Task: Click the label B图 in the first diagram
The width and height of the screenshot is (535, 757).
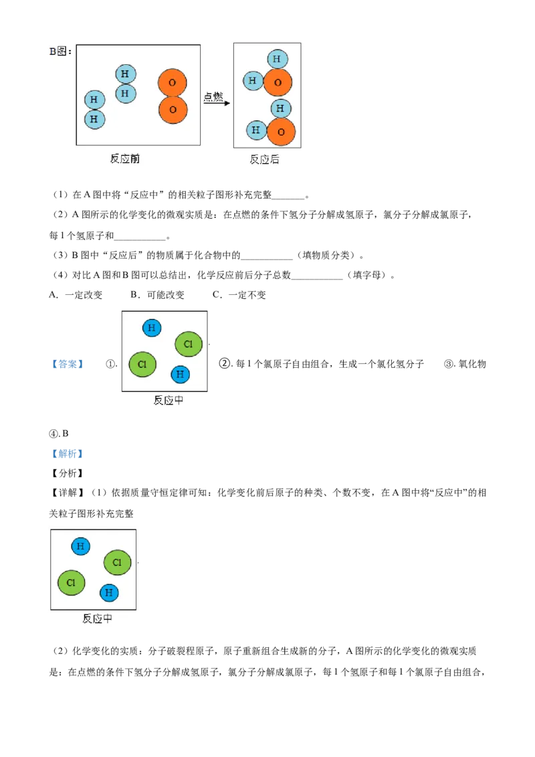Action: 60,51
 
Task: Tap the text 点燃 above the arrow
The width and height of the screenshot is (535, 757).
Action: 213,96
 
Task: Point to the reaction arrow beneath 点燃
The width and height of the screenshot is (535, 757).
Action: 217,104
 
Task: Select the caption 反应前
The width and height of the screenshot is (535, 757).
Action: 125,158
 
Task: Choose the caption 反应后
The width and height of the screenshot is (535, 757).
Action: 264,159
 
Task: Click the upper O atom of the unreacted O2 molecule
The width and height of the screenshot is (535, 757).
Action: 173,82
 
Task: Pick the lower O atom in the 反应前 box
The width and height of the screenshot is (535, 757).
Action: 173,110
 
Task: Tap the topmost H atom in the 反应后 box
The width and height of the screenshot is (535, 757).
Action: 276,59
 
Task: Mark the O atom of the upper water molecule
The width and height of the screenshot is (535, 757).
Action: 278,83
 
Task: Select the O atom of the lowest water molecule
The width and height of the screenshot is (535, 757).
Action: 281,132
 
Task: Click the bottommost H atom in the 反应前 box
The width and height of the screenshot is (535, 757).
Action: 94,120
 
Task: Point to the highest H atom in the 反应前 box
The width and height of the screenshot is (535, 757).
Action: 125,74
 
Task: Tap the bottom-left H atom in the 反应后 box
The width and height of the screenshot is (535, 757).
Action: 255,130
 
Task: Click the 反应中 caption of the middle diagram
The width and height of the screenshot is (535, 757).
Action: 169,401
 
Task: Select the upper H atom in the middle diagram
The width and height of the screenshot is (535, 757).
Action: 152,328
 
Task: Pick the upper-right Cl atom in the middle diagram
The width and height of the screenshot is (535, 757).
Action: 189,344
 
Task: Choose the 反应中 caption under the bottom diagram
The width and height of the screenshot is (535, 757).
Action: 97,619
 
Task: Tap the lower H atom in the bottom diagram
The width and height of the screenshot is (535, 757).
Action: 109,592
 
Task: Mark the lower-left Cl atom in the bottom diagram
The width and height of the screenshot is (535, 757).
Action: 71,582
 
